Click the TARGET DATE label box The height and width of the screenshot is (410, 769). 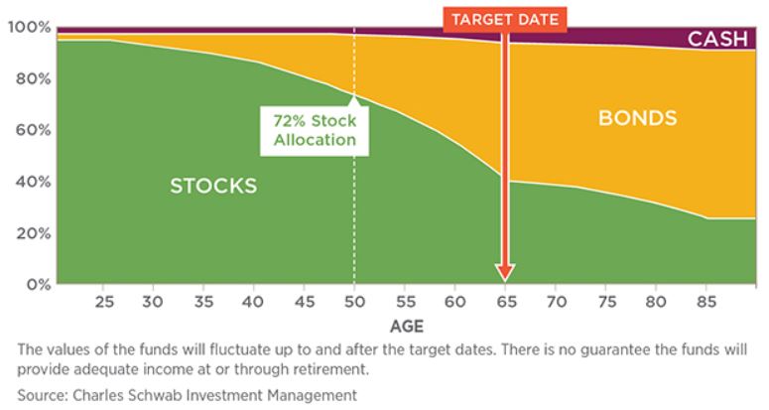(505, 20)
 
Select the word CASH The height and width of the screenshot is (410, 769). (717, 39)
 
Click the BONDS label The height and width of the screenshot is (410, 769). (638, 118)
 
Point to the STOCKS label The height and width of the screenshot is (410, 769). (213, 186)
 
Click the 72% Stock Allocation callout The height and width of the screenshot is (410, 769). (315, 130)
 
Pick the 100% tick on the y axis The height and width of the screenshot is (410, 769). (30, 27)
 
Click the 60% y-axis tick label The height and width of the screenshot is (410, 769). (33, 130)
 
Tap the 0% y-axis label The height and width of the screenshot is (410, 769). (39, 285)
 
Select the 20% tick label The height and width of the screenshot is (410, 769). (33, 233)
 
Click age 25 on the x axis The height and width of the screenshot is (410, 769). (104, 301)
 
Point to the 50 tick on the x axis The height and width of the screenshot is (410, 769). (354, 301)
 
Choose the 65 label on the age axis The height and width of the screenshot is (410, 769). (506, 301)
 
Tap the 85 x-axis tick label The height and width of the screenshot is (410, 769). (706, 301)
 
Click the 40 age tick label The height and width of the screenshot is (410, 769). (253, 301)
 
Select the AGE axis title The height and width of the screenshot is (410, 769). (407, 327)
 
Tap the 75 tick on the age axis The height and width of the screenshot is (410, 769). (606, 301)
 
